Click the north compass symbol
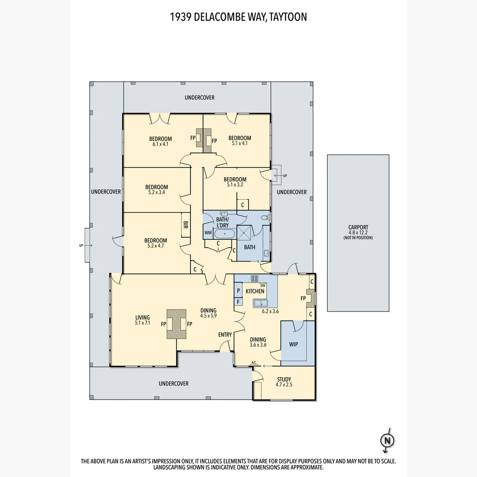click(387, 440)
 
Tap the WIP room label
click(293, 344)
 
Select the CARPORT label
click(358, 227)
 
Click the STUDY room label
click(284, 379)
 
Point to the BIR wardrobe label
click(185, 226)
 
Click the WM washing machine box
click(208, 233)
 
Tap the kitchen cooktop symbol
click(255, 278)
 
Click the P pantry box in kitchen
click(238, 291)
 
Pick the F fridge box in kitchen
click(238, 302)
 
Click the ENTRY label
click(225, 335)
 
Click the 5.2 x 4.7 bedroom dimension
click(155, 246)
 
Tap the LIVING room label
click(143, 317)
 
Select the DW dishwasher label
click(263, 285)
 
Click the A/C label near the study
click(254, 363)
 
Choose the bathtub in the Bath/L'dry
click(225, 233)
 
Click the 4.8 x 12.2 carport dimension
click(358, 233)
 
